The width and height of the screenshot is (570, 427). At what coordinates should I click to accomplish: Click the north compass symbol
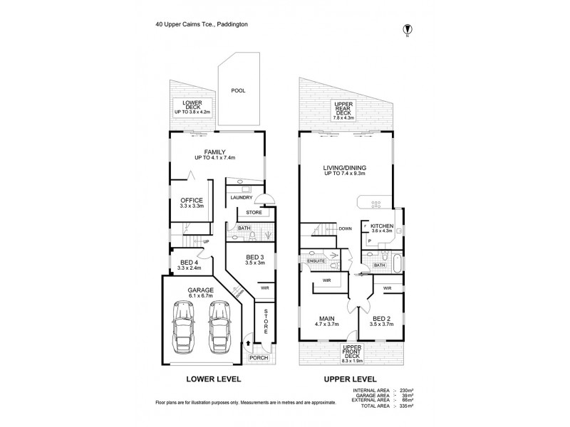(407, 29)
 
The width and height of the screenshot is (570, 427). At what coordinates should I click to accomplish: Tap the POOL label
(238, 90)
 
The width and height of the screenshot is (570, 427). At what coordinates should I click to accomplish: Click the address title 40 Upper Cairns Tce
(202, 23)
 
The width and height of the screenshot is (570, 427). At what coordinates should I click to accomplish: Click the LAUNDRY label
(242, 197)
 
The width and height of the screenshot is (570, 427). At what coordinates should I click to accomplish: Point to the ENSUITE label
(315, 261)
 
